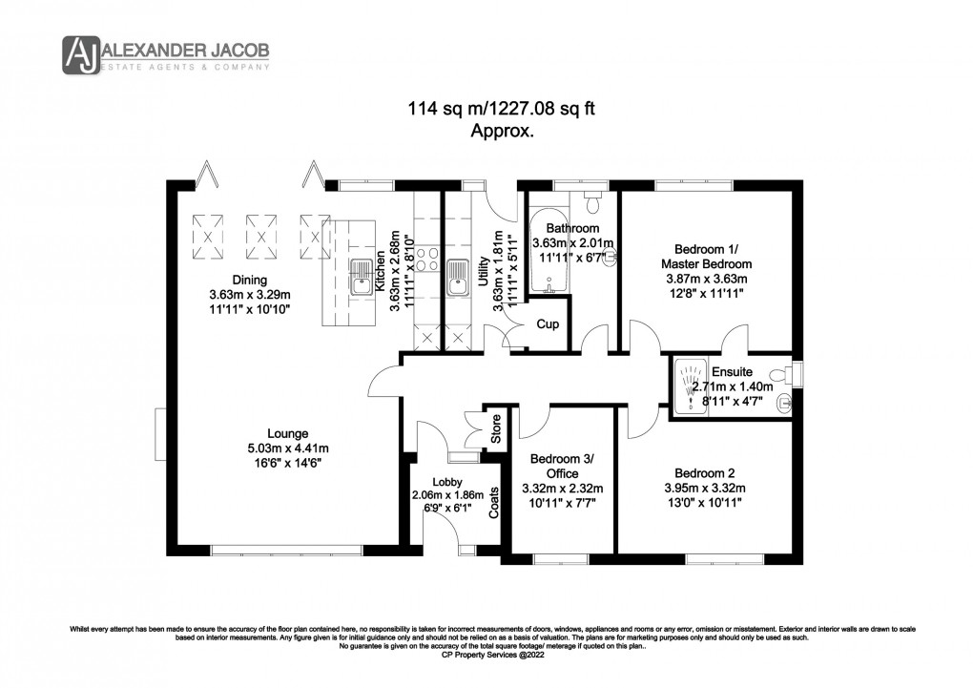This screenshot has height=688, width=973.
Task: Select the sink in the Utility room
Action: tap(458, 275)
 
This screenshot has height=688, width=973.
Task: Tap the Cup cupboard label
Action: tap(548, 323)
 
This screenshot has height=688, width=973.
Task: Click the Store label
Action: tap(496, 428)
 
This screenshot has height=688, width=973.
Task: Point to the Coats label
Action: tap(493, 503)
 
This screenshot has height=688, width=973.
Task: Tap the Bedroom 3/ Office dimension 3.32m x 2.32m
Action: tap(563, 488)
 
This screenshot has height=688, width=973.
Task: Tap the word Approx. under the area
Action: tap(502, 134)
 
